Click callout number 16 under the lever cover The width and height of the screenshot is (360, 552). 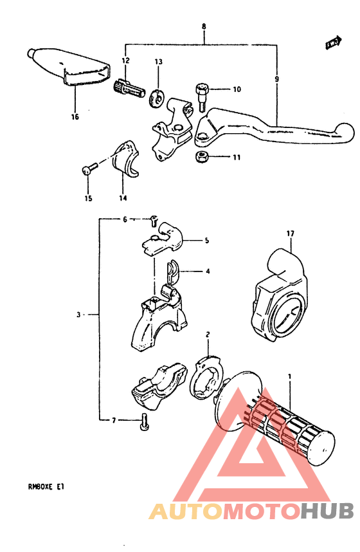75,117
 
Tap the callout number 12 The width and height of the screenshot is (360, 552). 125,60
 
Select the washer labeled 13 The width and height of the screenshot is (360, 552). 156,98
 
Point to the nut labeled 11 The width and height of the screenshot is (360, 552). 201,157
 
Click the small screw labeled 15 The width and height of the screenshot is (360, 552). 88,169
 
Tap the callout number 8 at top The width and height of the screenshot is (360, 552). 204,26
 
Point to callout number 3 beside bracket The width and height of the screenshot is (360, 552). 78,315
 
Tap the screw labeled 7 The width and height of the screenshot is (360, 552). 144,422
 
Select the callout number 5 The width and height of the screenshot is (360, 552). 207,241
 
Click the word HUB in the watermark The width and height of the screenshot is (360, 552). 327,511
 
